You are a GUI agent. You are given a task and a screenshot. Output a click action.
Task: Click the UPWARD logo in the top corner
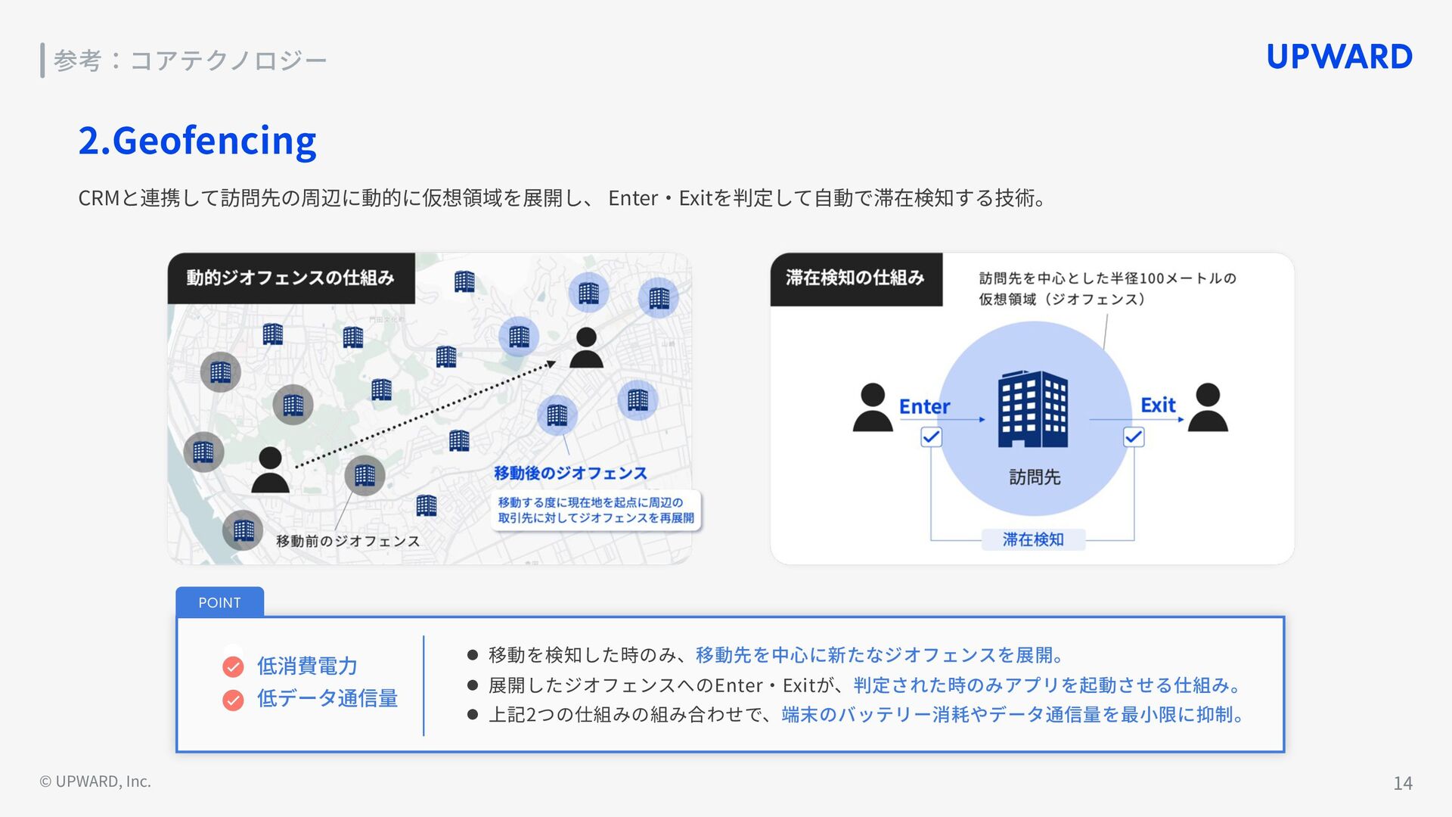coord(1339,57)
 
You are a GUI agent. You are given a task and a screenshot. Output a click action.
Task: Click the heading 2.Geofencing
coord(197,141)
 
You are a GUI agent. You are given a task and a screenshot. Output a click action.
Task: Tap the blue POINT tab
coord(219,602)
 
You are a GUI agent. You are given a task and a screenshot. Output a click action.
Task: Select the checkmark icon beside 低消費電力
coord(233,666)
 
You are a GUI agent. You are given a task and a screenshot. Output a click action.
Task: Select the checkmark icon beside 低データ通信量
coord(233,700)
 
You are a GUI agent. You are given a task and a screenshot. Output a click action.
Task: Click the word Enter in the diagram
coord(924,406)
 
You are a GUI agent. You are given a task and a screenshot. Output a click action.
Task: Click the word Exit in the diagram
coord(1158,405)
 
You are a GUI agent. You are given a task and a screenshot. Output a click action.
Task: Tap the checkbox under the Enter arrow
coord(931,437)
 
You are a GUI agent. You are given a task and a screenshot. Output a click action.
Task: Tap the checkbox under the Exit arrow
coord(1134,437)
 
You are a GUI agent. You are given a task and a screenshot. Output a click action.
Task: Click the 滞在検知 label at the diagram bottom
coord(1033,539)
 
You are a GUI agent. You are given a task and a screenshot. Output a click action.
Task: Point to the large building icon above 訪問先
coord(1033,409)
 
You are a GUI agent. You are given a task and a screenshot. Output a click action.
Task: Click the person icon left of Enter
coord(873,408)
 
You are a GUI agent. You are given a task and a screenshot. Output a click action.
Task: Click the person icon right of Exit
coord(1208,408)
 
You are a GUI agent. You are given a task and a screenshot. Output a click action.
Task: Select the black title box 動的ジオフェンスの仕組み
coord(291,278)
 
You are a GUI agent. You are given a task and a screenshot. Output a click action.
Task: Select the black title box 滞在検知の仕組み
coord(855,278)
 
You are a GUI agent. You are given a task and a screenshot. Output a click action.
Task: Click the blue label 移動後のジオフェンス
coord(570,474)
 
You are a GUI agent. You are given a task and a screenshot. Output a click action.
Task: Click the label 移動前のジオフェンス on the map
coord(348,541)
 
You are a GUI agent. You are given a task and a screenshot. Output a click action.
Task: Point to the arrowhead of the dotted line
coord(551,365)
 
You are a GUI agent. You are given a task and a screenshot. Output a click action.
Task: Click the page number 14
coord(1402,783)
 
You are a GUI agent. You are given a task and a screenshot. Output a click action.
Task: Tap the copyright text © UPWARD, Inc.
coord(95,781)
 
